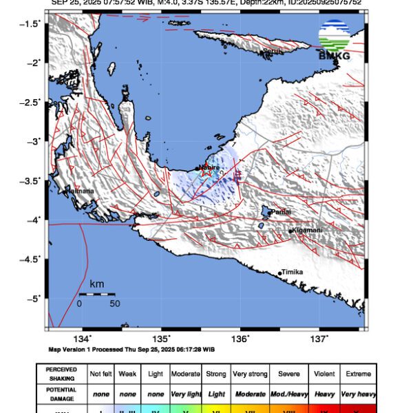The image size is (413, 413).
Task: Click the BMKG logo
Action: tap(334, 41)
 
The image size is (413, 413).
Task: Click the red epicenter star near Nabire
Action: tap(206, 172)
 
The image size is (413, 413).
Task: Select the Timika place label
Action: tap(292, 273)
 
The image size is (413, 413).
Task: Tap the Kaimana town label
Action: tap(79, 191)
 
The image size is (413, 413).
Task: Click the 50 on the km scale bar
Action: tap(114, 304)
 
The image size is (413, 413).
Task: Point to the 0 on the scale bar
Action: tap(79, 304)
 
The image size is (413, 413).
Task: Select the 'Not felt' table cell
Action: tap(101, 374)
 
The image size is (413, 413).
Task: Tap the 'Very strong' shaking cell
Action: tap(249, 374)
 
